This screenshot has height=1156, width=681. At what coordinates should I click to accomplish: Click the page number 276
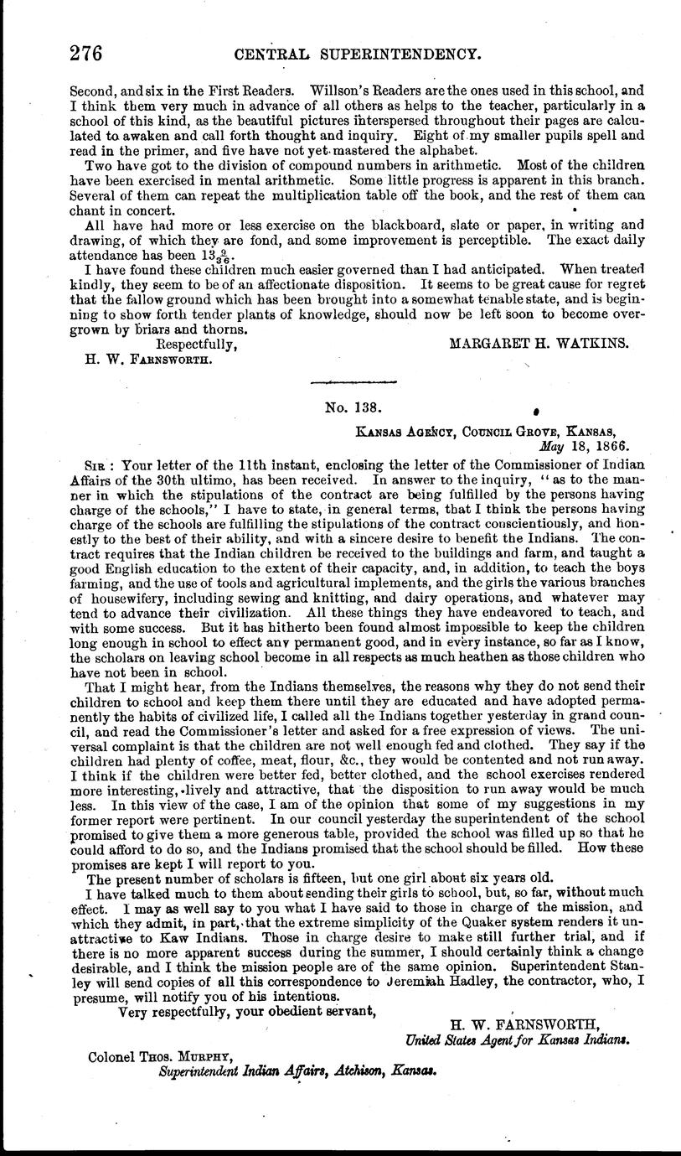[x=86, y=54]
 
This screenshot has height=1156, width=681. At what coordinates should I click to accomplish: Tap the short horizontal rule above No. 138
[x=353, y=382]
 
